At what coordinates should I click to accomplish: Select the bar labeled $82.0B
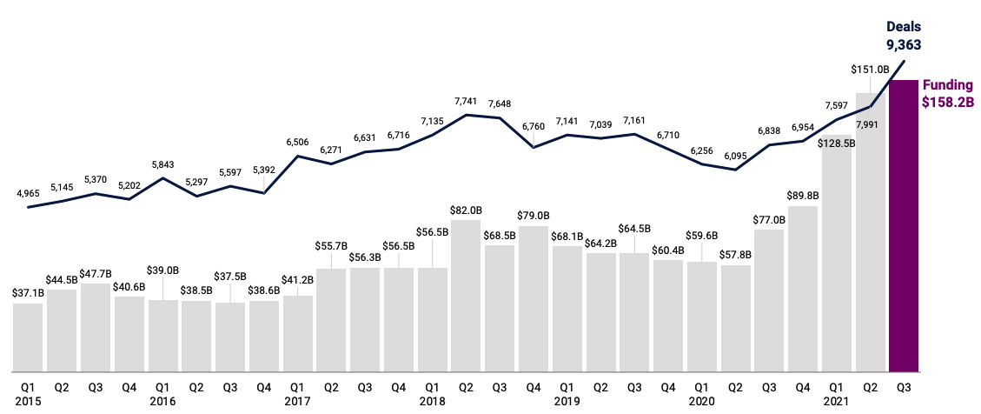(467, 296)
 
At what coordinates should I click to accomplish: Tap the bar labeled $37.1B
(28, 337)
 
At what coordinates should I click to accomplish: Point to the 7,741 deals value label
(467, 102)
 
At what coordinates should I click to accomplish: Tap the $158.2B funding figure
(947, 102)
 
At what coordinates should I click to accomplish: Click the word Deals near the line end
(904, 26)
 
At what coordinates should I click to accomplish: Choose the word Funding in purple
(947, 85)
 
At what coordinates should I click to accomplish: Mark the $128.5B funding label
(838, 144)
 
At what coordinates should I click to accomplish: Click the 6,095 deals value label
(736, 157)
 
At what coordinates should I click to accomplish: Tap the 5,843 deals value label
(162, 165)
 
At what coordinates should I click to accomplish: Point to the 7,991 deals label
(871, 124)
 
